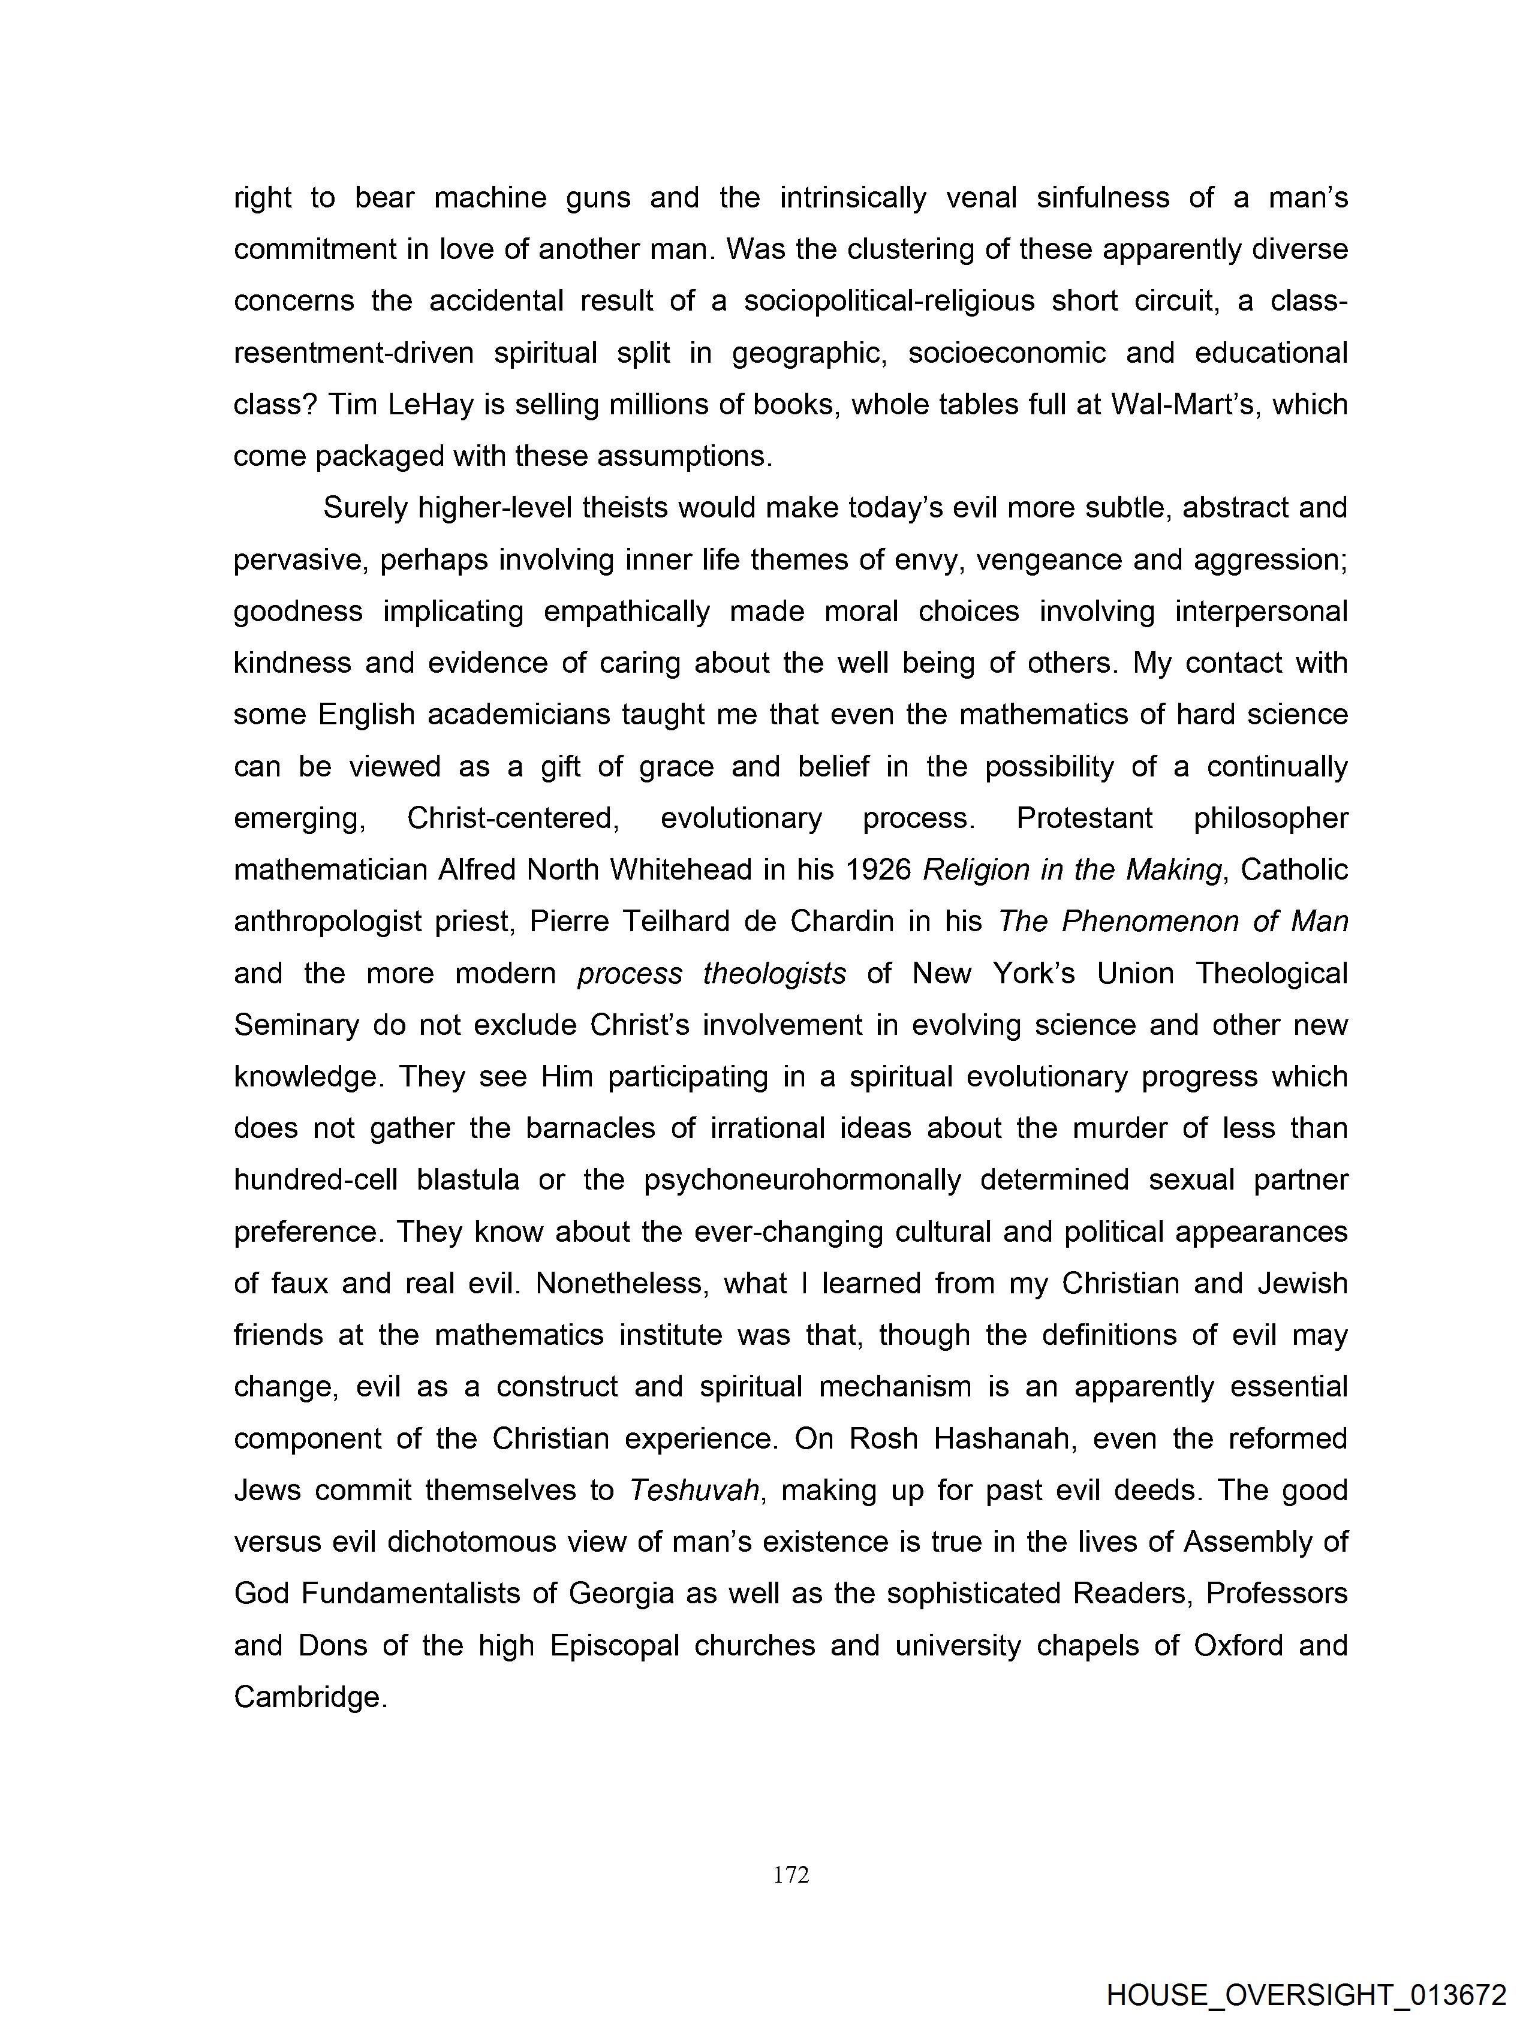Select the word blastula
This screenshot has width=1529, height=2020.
(468, 1180)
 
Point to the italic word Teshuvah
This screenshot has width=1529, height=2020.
(694, 1491)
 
